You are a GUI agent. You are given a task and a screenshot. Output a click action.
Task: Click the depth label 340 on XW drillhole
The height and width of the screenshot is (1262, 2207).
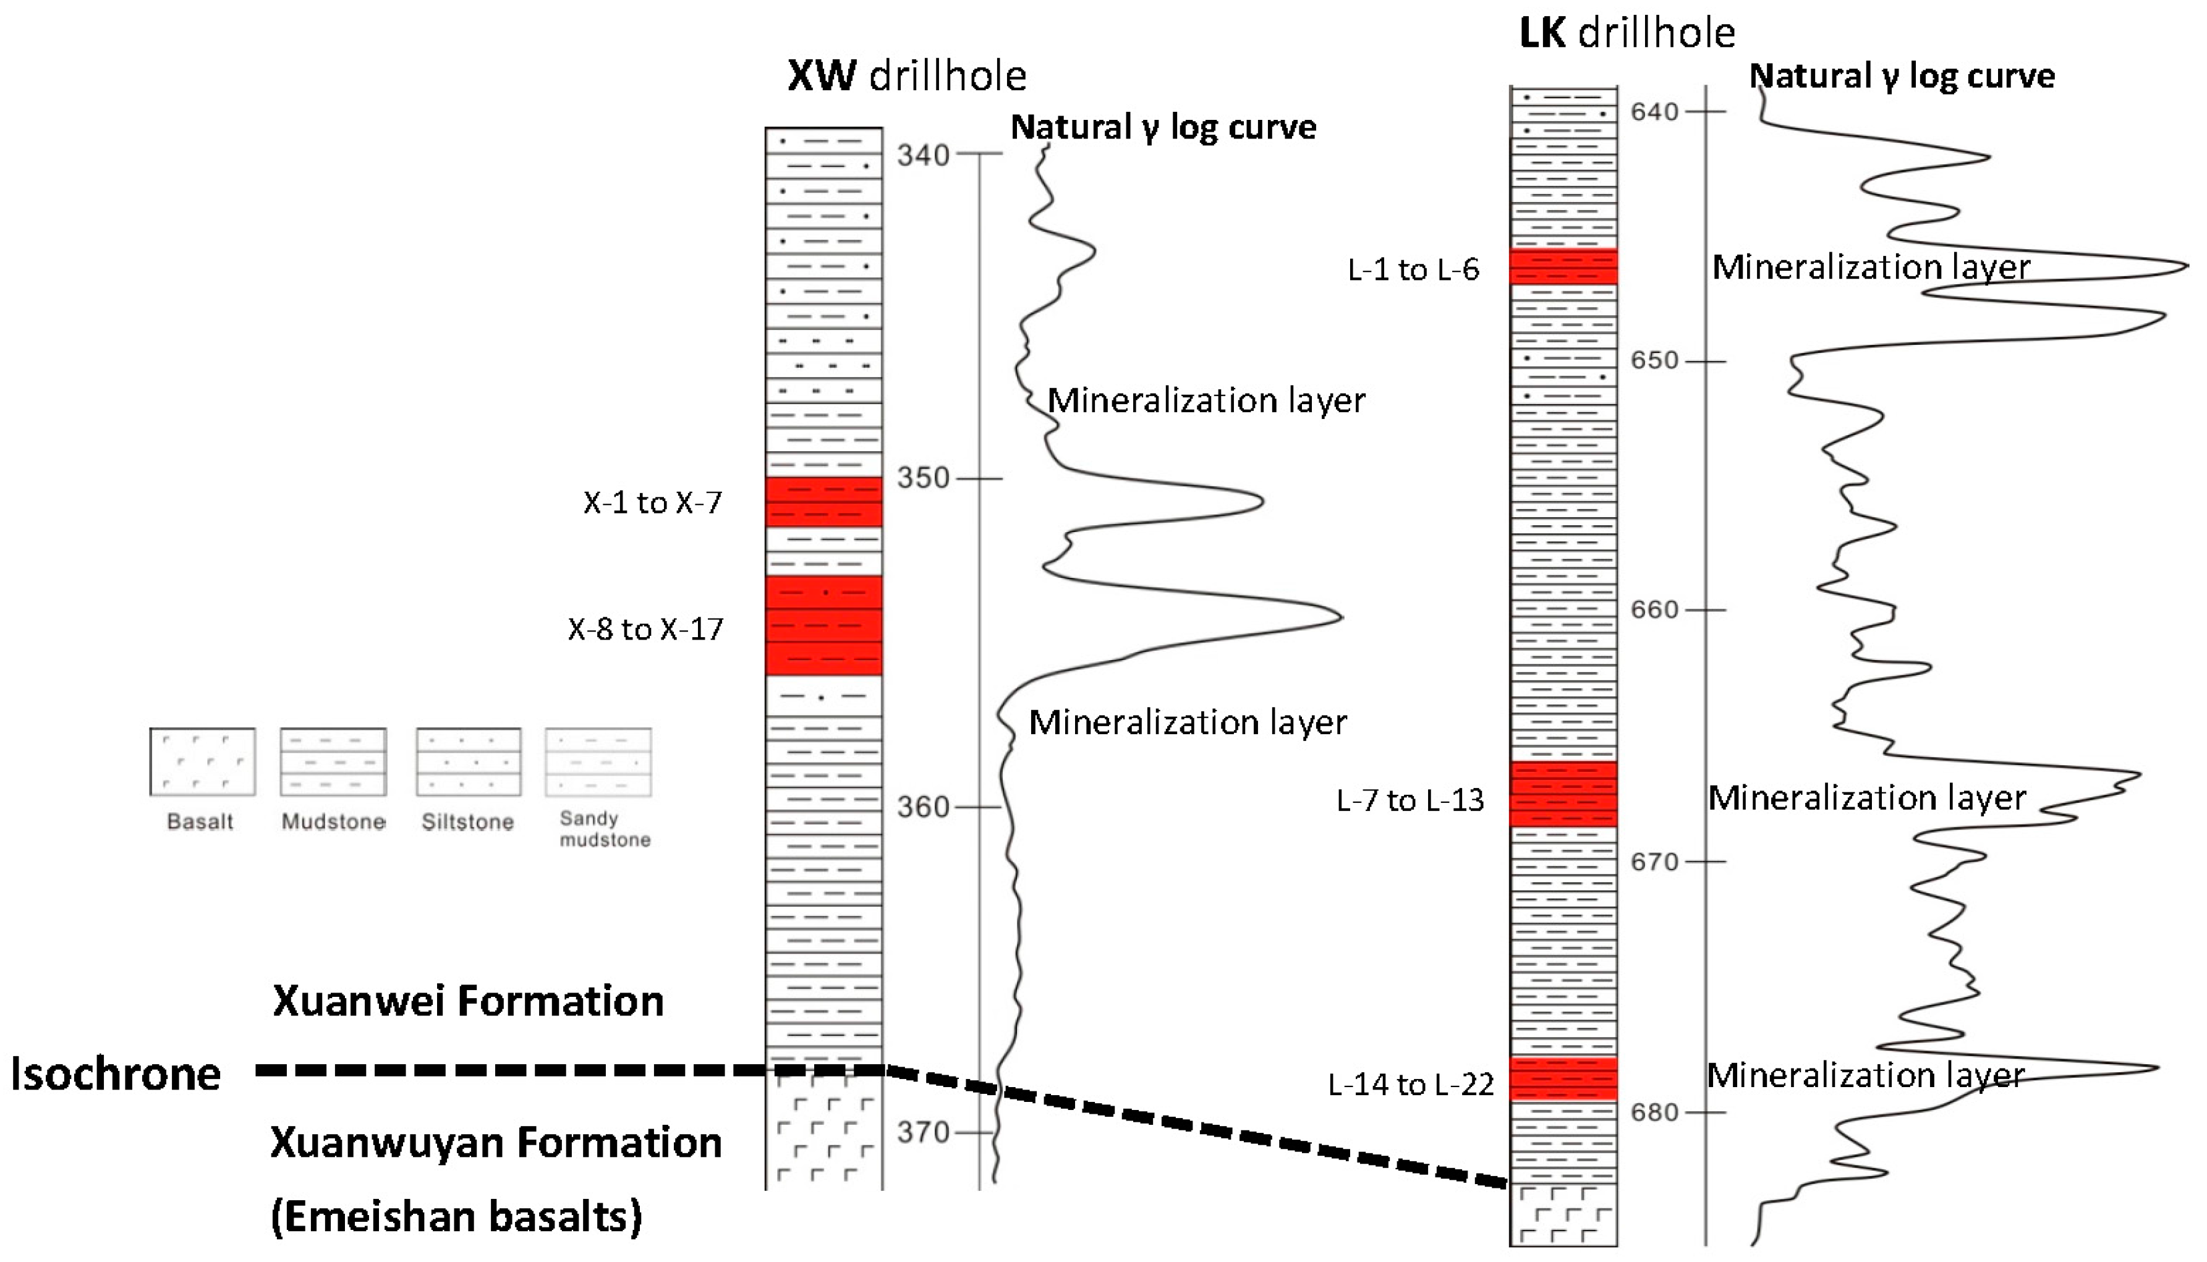[x=922, y=155]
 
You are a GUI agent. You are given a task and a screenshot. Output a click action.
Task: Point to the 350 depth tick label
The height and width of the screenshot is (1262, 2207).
[x=922, y=478]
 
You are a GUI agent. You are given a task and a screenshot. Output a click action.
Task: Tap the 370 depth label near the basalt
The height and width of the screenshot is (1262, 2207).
[x=922, y=1132]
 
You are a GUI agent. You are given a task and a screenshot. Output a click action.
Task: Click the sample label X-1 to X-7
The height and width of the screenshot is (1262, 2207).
[x=652, y=502]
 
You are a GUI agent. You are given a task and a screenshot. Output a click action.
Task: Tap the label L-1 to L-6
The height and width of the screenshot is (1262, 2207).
[x=1413, y=269]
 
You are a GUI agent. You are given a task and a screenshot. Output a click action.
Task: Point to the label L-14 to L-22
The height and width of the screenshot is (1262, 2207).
[x=1410, y=1084]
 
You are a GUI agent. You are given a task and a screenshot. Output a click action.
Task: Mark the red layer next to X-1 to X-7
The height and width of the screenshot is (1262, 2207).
[x=823, y=502]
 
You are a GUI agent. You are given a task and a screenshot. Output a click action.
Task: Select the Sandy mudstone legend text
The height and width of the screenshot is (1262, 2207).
[x=604, y=829]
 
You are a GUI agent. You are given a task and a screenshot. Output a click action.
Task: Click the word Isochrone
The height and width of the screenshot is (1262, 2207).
[x=115, y=1074]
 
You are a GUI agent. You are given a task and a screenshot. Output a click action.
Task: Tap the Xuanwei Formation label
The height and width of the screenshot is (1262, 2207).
[x=468, y=1001]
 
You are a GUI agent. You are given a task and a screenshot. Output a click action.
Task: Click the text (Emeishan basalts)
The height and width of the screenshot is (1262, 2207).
[x=456, y=1217]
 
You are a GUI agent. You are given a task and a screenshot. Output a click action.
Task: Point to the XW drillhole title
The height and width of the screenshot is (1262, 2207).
[x=906, y=76]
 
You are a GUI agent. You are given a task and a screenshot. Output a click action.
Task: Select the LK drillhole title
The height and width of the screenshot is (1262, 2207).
[x=1627, y=33]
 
